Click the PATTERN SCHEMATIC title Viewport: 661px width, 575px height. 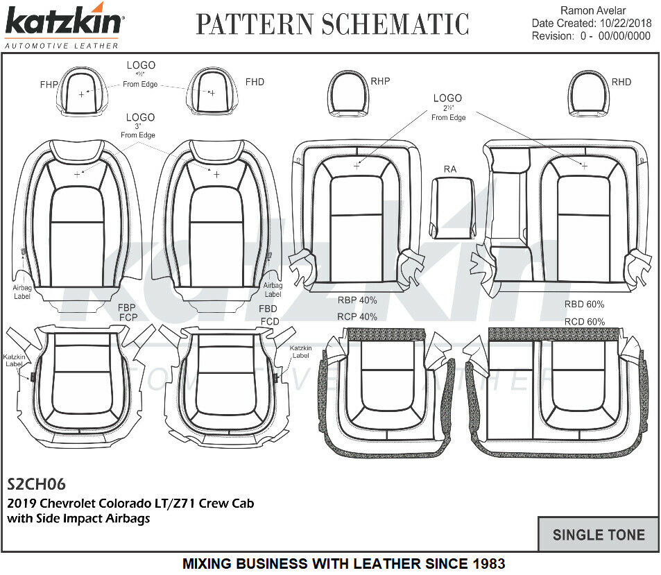coord(332,24)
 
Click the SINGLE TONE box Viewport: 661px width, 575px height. coord(598,535)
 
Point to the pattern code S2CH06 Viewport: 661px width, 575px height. coord(36,483)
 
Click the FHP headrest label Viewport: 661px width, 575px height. coord(49,85)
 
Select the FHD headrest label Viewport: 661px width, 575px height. coord(255,82)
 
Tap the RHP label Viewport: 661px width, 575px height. coord(380,81)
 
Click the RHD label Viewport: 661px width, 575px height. coord(621,82)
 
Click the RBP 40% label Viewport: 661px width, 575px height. coord(357,300)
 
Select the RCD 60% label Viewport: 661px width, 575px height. coord(584,322)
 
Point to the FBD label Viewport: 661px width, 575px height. coord(268,309)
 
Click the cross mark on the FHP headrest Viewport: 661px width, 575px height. coord(82,93)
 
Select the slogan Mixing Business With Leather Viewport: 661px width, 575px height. coord(343,564)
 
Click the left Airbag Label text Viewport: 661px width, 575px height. coord(22,291)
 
